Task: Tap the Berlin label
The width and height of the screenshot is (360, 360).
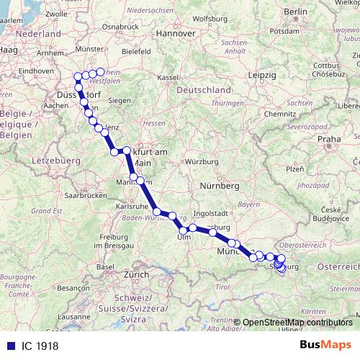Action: (x=295, y=13)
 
